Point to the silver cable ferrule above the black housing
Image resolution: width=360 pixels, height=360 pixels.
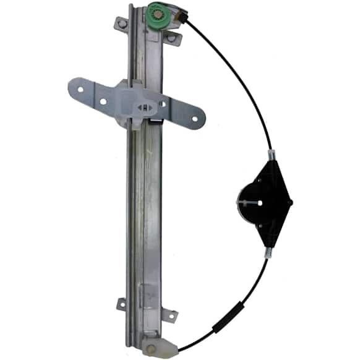(270, 153)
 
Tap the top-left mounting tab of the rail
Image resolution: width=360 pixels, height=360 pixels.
(122, 24)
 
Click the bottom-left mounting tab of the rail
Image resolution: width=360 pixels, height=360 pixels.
(122, 304)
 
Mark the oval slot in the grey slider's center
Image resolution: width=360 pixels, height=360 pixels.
(144, 107)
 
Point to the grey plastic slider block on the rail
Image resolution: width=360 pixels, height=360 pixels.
(139, 104)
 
